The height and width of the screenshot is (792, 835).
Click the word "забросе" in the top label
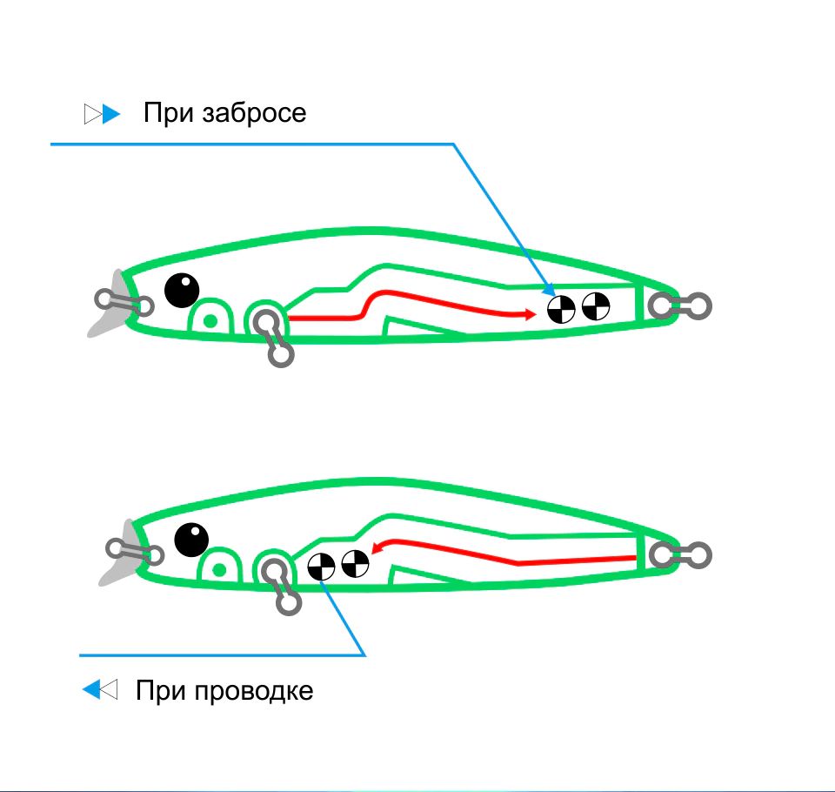(x=254, y=113)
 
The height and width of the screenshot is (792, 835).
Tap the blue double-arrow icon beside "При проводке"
(x=99, y=691)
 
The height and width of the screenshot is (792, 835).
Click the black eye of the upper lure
(x=182, y=290)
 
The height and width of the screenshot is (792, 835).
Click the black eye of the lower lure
(x=191, y=540)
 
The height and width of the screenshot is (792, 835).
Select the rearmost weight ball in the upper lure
(x=596, y=306)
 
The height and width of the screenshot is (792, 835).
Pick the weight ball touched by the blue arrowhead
(x=561, y=308)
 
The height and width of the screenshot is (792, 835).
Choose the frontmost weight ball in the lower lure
(x=322, y=566)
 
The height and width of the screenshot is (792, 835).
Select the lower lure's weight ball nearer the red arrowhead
(x=355, y=564)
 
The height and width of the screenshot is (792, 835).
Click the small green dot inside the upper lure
(x=210, y=319)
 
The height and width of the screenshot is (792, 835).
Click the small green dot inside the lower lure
(x=220, y=570)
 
